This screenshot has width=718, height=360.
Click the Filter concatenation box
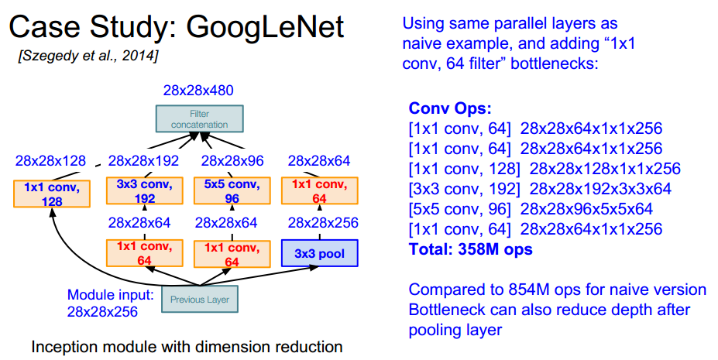(198, 118)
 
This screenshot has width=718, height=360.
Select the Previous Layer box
(195, 299)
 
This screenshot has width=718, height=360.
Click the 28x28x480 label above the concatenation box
(199, 90)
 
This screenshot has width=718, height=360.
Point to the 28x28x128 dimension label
(50, 161)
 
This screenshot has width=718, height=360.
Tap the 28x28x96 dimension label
(232, 161)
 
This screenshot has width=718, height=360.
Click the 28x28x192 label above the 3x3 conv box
(143, 161)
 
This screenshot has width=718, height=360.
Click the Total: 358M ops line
(472, 249)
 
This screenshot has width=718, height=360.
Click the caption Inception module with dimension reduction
(187, 346)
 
